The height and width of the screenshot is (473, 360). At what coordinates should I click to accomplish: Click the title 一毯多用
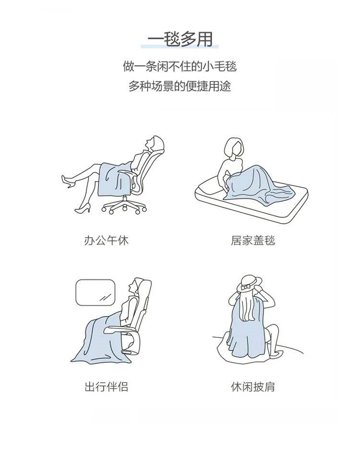coord(180,39)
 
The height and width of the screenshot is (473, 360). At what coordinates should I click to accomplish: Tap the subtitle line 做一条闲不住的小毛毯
coord(180,66)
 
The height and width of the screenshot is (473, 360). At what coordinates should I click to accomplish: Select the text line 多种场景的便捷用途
coord(180,86)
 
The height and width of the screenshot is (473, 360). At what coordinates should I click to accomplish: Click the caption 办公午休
coord(106,241)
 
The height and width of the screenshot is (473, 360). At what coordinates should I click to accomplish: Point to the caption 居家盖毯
coord(253,241)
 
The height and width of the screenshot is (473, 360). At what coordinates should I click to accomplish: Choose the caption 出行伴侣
coord(106,387)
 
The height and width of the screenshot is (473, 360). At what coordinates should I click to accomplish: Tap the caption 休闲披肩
coord(253,387)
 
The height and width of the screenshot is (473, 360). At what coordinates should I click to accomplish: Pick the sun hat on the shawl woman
coord(249,283)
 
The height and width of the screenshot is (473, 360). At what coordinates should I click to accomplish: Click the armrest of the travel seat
coord(120,329)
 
